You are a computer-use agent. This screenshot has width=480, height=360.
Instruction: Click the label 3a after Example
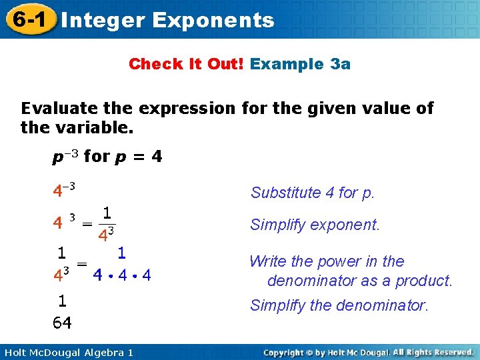(340, 64)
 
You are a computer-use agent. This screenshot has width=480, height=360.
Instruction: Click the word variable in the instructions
(82, 127)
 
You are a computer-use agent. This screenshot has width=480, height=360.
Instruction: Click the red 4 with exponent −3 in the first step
(63, 190)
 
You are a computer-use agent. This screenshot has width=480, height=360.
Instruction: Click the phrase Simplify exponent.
(315, 225)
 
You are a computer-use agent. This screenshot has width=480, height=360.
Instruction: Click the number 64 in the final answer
(62, 323)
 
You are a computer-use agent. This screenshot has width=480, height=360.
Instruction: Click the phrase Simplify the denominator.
(338, 305)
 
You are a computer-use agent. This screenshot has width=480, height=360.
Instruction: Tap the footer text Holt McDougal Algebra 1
(67, 352)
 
